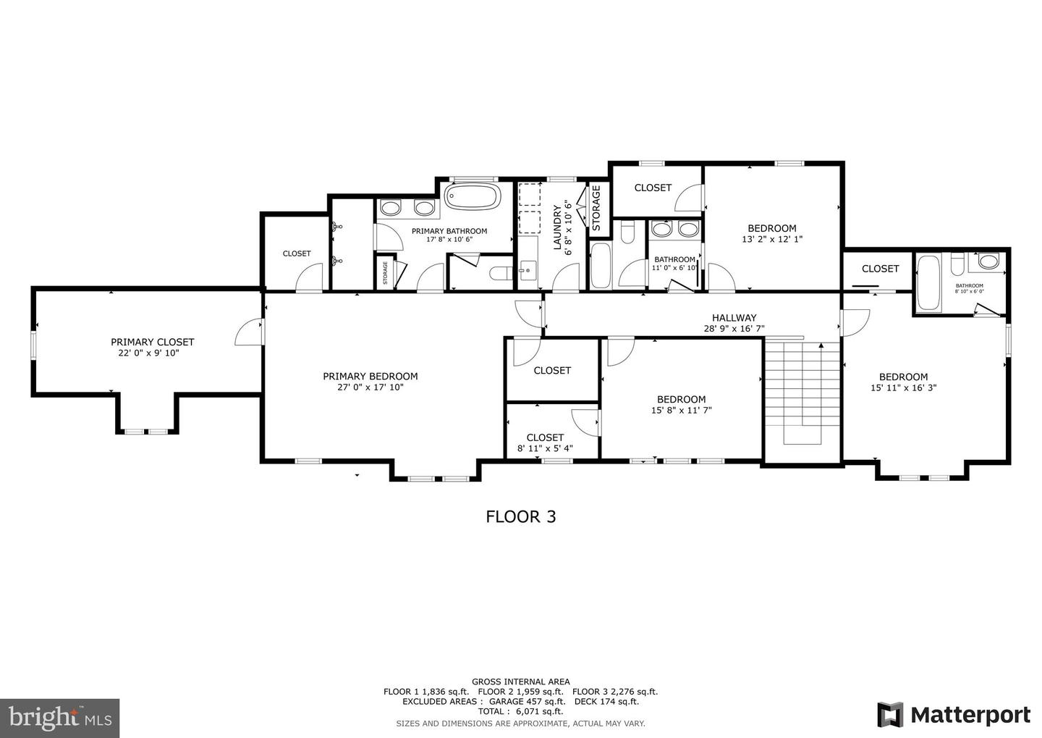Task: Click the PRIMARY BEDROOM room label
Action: tap(370, 376)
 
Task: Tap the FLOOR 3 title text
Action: tap(520, 516)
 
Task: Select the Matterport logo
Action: tap(954, 714)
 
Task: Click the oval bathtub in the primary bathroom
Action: tap(472, 196)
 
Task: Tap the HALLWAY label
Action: tap(734, 317)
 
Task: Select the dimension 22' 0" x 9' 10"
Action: tap(152, 353)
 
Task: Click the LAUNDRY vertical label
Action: tap(558, 228)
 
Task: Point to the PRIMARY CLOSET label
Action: tap(152, 342)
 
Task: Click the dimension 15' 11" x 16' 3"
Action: tap(903, 387)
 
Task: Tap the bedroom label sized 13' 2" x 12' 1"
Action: tap(771, 227)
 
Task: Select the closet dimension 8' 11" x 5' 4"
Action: tap(545, 448)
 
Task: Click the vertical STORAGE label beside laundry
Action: tap(596, 208)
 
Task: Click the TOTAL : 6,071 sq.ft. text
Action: tap(520, 711)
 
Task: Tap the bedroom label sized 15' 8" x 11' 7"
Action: tap(681, 399)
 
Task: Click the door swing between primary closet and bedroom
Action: tap(250, 332)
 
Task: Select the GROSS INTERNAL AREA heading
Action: tap(520, 682)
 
